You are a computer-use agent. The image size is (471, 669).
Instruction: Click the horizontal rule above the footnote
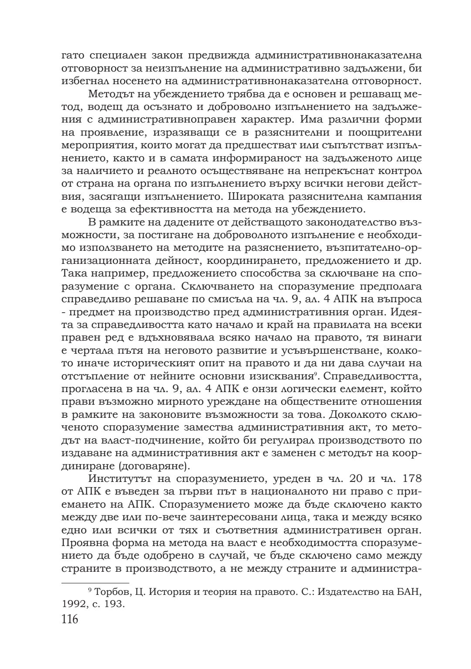96,582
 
